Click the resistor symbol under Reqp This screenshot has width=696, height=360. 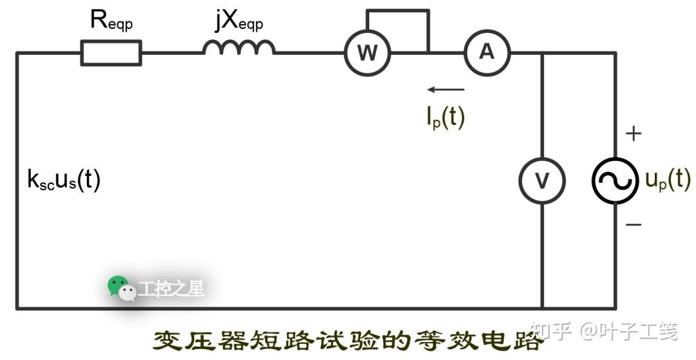tap(111, 52)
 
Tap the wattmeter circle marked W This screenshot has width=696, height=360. tap(367, 53)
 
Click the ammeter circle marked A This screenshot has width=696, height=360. tap(487, 52)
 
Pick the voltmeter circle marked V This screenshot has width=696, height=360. tap(542, 180)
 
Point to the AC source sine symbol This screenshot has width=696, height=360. tap(615, 180)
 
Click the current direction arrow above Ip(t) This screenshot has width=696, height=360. tap(445, 90)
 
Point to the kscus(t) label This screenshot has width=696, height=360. tap(64, 180)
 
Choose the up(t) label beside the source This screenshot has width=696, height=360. tap(668, 180)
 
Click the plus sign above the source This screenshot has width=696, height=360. tap(634, 134)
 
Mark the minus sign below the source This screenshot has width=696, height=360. tap(634, 225)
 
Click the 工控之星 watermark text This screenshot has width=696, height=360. tap(171, 289)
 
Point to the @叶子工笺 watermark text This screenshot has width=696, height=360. tap(628, 332)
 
